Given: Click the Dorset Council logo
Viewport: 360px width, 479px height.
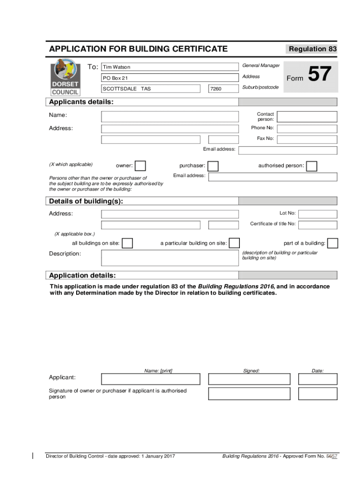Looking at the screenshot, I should click(x=65, y=77).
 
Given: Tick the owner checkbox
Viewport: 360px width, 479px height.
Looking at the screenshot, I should click(x=140, y=166).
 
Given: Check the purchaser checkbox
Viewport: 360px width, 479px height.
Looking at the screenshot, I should click(x=213, y=166).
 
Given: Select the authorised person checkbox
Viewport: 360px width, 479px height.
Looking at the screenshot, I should click(x=311, y=166).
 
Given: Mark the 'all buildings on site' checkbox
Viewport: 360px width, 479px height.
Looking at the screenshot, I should click(x=127, y=243).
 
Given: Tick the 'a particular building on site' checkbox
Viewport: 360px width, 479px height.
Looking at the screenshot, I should click(x=234, y=243).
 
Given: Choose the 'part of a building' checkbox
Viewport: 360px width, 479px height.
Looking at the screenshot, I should click(x=333, y=243).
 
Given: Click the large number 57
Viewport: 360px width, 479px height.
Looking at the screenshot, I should click(x=320, y=75).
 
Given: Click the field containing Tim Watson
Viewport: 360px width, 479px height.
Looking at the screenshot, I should click(x=170, y=67).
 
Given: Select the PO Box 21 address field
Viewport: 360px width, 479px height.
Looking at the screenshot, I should click(x=170, y=78).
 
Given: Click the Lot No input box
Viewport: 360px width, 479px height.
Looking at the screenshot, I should click(x=317, y=214).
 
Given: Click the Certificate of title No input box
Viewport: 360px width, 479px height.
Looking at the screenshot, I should click(x=317, y=225).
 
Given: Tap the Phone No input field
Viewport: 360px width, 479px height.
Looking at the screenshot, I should click(x=307, y=129).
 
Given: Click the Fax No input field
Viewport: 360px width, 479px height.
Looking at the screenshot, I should click(x=307, y=139).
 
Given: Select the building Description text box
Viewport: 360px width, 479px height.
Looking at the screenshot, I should click(x=170, y=258).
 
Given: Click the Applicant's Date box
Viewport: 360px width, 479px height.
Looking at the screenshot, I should click(x=317, y=379).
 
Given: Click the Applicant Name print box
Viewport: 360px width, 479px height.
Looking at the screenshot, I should click(x=151, y=379).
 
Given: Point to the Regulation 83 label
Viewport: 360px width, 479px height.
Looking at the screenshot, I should click(x=312, y=49).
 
